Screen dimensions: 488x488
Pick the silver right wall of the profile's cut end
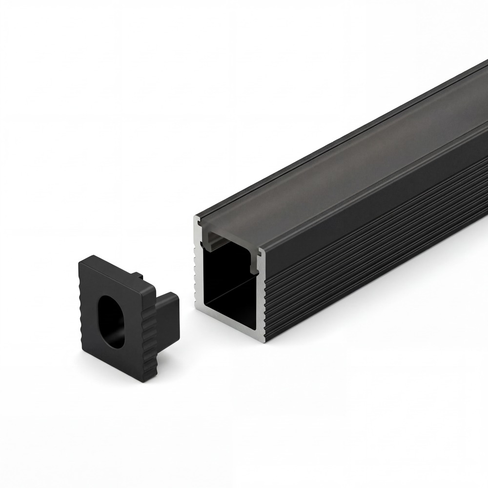coord(262,298)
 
